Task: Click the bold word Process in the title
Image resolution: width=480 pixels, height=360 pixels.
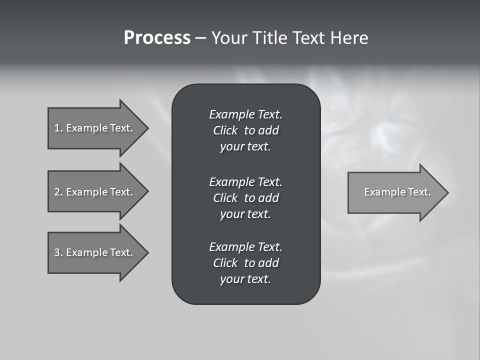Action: pos(157,37)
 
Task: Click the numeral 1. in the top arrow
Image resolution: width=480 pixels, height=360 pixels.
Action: pos(58,128)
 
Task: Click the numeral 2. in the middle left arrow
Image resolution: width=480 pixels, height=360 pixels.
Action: pos(58,192)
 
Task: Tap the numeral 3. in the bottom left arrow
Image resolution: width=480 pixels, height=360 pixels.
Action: pos(58,252)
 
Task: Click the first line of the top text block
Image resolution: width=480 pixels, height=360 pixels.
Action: pos(245,114)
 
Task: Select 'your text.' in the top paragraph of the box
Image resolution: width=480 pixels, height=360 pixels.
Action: pos(245,146)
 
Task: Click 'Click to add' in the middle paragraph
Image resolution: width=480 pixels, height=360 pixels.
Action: pos(245,198)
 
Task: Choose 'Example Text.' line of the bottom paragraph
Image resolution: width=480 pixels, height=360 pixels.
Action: pos(245,247)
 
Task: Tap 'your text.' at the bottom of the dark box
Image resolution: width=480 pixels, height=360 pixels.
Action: pos(245,279)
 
